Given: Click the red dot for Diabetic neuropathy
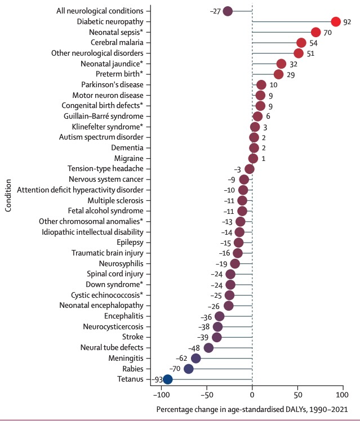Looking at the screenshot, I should (x=336, y=22).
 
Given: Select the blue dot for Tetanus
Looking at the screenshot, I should (x=167, y=379).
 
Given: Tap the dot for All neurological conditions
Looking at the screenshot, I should (x=228, y=11).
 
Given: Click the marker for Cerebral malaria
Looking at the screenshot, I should (x=301, y=43).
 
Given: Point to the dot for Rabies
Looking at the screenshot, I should (x=189, y=369).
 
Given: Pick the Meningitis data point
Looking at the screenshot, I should (x=195, y=358).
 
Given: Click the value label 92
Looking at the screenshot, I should (x=348, y=22).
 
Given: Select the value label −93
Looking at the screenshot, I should (x=156, y=379).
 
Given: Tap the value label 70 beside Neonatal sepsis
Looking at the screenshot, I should (x=328, y=33).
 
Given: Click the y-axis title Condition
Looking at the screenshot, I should (x=8, y=196).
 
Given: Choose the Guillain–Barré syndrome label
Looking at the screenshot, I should (x=100, y=116).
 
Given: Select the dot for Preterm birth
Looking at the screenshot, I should (x=278, y=74).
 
